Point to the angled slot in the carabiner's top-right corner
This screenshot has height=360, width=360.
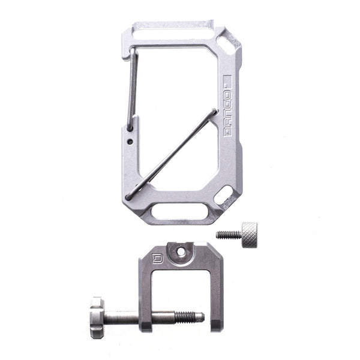coord(229,42)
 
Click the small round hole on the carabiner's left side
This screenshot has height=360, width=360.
coord(131,142)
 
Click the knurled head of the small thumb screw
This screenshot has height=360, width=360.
coord(248,230)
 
